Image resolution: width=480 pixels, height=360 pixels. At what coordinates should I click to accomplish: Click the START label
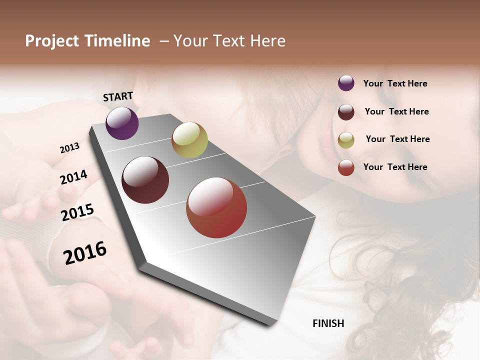[x=118, y=96]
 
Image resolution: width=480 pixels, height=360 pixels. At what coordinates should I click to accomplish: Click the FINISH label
[x=328, y=323]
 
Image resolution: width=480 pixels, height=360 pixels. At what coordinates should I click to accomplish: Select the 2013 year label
[x=70, y=148]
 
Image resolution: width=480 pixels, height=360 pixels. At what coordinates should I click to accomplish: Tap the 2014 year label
[x=73, y=177]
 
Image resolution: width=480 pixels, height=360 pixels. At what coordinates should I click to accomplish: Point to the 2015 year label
[x=77, y=212]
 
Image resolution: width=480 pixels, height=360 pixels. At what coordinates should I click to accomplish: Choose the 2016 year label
[x=85, y=253]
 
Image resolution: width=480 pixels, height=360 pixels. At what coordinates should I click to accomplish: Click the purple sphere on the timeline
[x=122, y=123]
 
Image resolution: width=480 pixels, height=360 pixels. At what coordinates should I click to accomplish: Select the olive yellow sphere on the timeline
[x=189, y=139]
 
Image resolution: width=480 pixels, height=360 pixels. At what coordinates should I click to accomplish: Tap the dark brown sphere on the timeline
[x=145, y=180]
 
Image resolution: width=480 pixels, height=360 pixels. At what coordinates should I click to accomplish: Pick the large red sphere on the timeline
[x=216, y=207]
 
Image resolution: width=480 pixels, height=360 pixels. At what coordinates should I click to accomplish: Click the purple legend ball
[x=346, y=83]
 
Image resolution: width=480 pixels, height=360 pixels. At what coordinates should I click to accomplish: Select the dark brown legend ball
[x=346, y=111]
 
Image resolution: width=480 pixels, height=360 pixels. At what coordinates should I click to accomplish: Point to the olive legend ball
[x=346, y=140]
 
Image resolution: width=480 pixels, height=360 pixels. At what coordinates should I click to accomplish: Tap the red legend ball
[x=346, y=167]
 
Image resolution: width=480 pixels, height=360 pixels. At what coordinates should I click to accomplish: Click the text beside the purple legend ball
[x=395, y=83]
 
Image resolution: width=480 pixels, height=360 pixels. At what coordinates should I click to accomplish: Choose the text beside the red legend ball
[x=395, y=167]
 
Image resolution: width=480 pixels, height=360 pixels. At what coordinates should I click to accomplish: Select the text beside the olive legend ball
[x=397, y=139]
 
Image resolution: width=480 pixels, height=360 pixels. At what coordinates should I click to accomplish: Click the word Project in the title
[x=52, y=41]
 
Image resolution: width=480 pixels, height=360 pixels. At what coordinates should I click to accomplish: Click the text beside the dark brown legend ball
[x=396, y=111]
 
